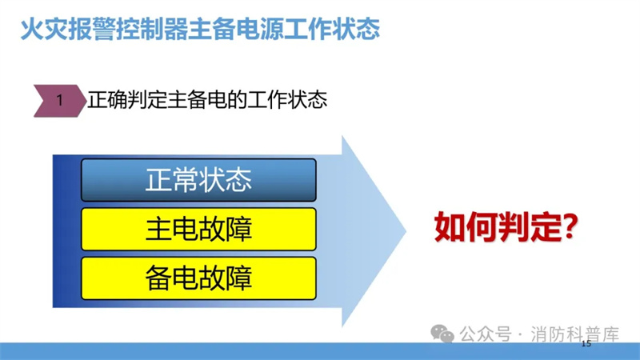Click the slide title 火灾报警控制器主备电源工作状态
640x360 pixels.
click(200, 29)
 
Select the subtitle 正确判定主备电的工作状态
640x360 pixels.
click(207, 100)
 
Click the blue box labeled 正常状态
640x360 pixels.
click(198, 180)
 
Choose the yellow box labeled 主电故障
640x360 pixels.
click(198, 229)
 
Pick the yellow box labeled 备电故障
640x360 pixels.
click(198, 278)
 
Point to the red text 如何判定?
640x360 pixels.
click(506, 227)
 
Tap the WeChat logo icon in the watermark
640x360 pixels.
click(442, 334)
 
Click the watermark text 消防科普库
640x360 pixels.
click(574, 334)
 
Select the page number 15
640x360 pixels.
click(586, 344)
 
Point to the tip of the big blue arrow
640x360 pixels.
click(406, 231)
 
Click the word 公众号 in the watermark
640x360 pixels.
click(486, 334)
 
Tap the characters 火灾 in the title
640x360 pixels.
click(44, 29)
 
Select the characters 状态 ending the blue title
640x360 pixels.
click(356, 29)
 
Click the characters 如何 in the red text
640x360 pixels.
click(466, 227)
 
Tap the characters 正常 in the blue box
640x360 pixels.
click(171, 180)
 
